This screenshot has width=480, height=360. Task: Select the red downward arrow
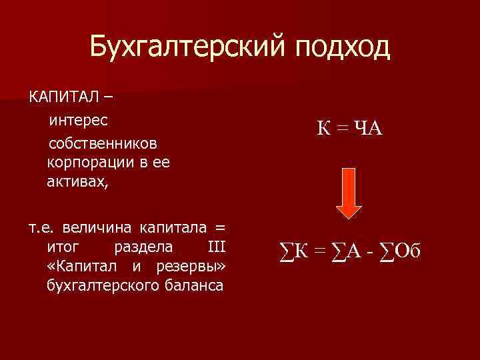coord(352,192)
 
